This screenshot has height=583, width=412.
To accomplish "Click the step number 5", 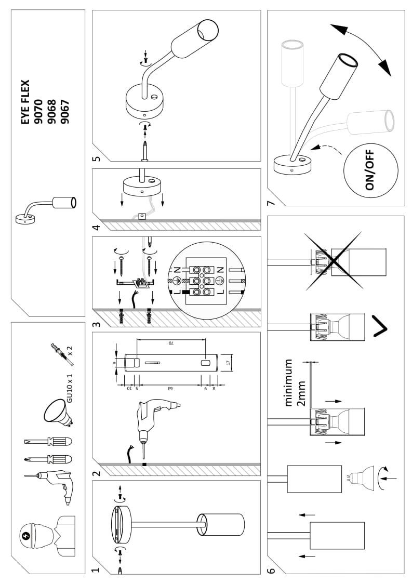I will (x=95, y=158).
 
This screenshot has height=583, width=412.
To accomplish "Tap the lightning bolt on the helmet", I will (x=27, y=535).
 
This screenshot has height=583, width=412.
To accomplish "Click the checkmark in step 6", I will (x=381, y=325).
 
